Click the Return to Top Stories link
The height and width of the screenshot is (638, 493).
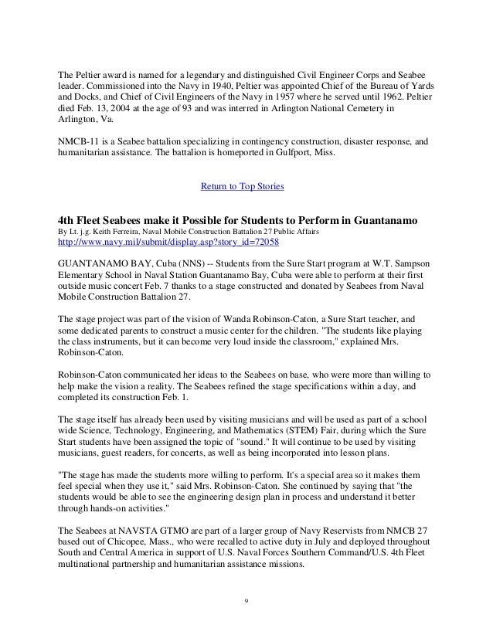point(242,187)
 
